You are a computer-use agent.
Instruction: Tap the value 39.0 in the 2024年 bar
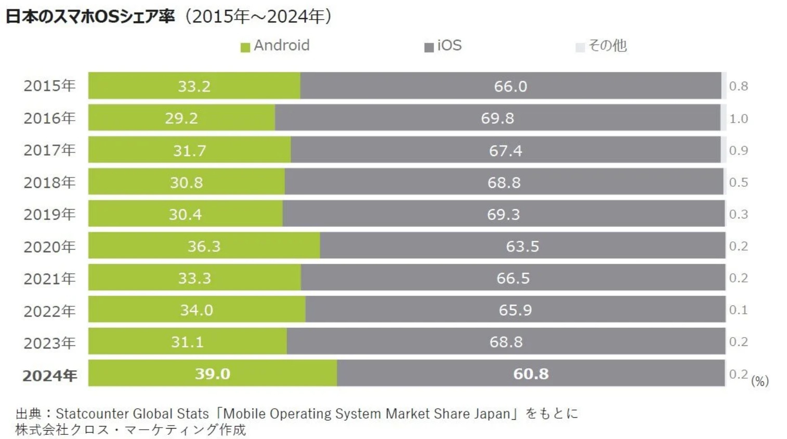pos(212,373)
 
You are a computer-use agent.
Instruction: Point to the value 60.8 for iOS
pos(531,373)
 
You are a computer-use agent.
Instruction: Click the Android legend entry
pos(276,46)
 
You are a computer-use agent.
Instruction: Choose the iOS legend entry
pos(443,46)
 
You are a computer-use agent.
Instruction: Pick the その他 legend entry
pos(601,46)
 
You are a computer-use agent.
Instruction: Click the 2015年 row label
pos(49,86)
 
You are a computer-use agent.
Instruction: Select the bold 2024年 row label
pos(49,375)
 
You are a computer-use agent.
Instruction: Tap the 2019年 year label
pos(49,214)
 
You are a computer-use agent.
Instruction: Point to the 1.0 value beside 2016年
pos(738,119)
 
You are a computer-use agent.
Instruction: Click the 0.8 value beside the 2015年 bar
pos(738,86)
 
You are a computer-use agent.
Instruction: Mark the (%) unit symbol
pos(759,381)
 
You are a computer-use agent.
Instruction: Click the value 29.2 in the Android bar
pos(181,119)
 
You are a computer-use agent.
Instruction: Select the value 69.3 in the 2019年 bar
pos(503,214)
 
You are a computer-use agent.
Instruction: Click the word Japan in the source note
pos(492,414)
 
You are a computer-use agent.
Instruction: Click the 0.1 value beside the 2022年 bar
pos(738,310)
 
